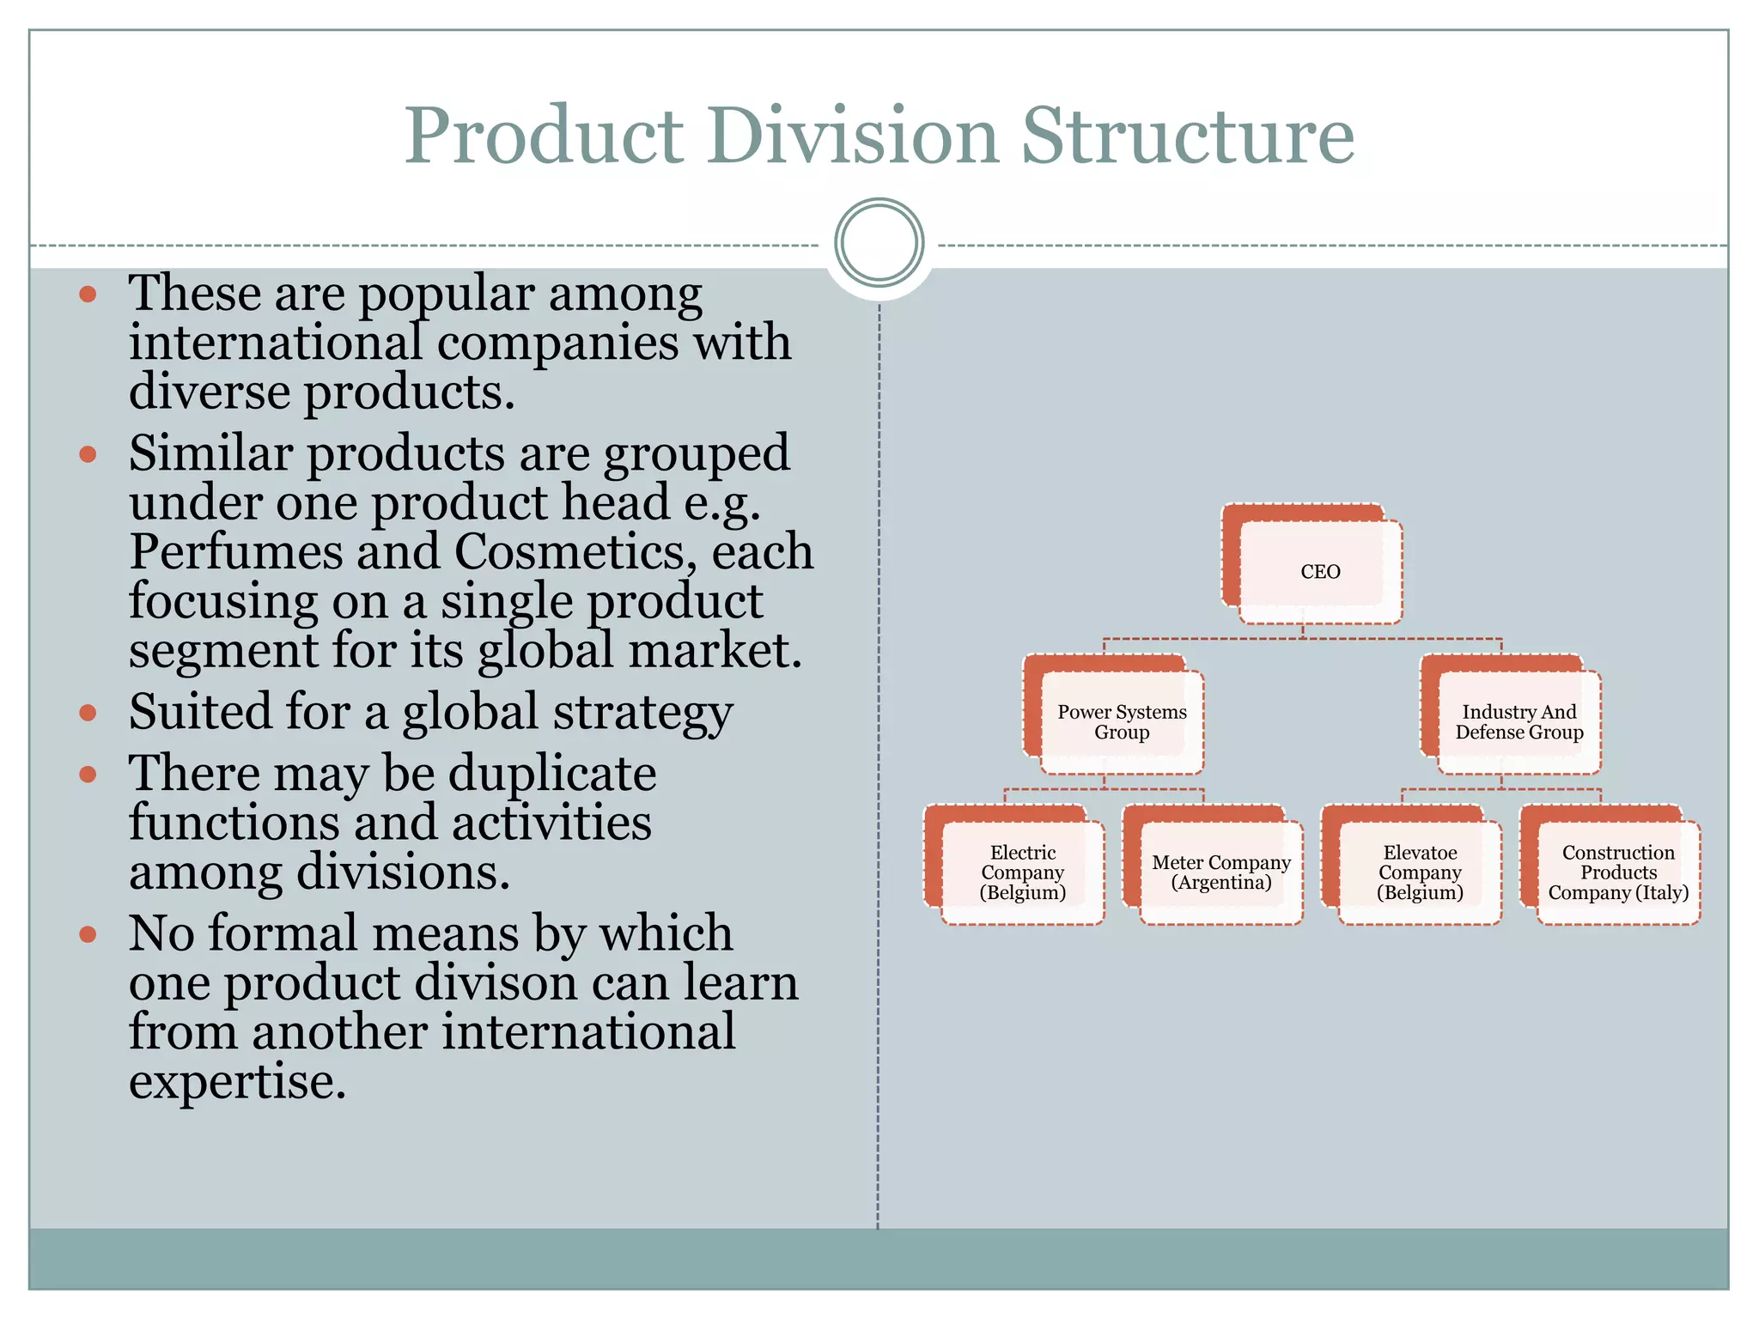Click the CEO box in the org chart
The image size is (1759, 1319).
click(1319, 571)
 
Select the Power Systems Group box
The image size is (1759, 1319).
click(1121, 721)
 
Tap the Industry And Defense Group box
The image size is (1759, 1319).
click(1519, 721)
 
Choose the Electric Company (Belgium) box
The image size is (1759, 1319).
click(1022, 872)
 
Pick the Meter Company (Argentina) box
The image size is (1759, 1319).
click(1220, 872)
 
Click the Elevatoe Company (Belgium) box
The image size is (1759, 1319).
click(1419, 872)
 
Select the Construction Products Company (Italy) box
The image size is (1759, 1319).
click(1617, 872)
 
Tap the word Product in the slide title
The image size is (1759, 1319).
click(544, 136)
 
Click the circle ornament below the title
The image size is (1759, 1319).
click(879, 242)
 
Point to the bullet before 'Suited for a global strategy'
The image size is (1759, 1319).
click(88, 712)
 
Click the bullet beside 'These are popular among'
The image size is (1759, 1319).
click(88, 295)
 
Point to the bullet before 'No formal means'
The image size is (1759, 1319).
click(88, 933)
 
